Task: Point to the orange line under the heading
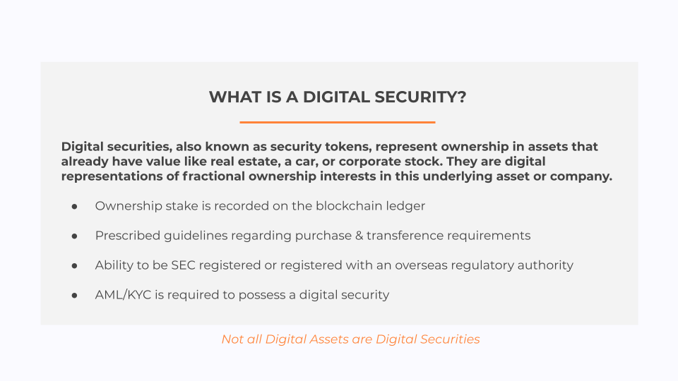[x=338, y=122]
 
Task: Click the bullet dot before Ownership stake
[x=74, y=207]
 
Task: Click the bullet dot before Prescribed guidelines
[x=74, y=236]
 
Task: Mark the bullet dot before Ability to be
[x=74, y=266]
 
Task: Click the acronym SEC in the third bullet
[x=183, y=265]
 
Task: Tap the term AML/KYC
[x=123, y=295]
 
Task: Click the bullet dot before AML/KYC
[x=74, y=296]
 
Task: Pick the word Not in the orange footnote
[x=232, y=339]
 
